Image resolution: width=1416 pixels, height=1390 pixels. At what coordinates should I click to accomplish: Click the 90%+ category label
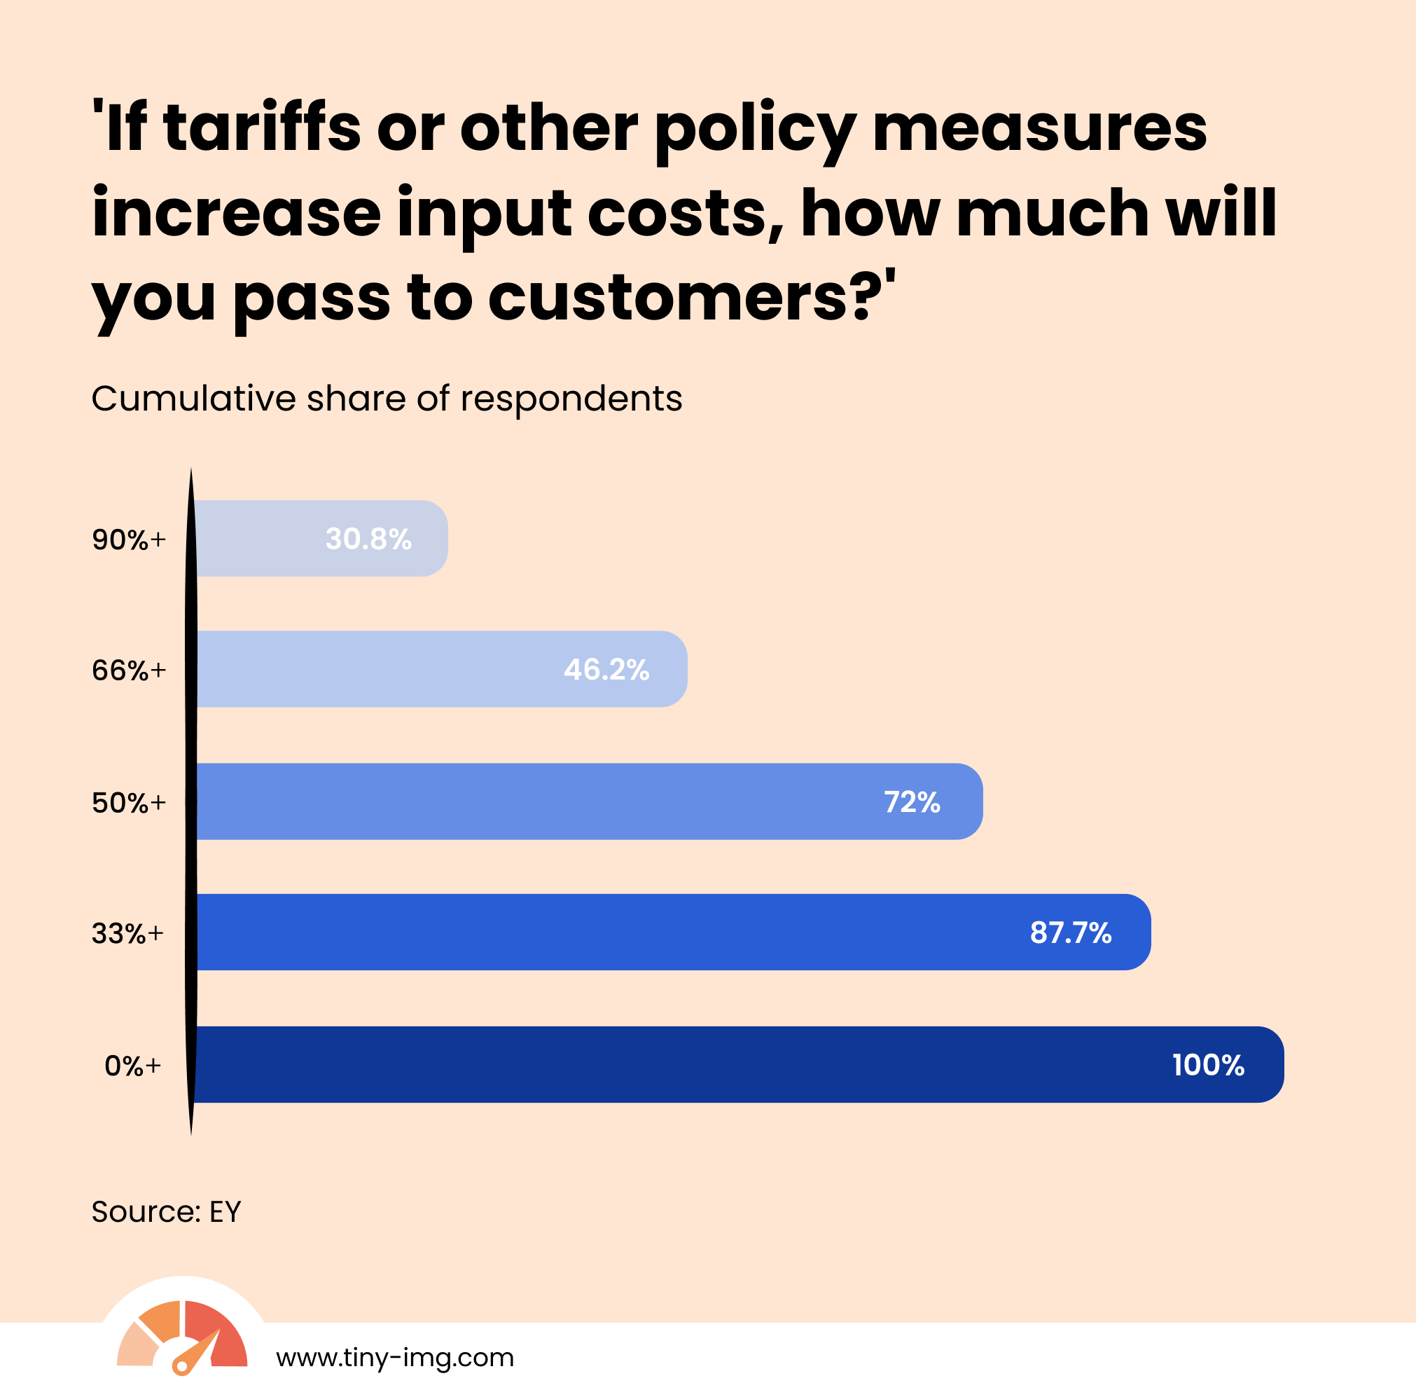coord(129,540)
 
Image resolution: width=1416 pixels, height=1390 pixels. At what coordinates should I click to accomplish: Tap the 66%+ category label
coord(129,670)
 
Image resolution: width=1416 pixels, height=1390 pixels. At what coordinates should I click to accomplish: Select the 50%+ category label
coord(129,803)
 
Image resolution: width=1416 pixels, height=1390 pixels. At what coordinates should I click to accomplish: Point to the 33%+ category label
coord(128,934)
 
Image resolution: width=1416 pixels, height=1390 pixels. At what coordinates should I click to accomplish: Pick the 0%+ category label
coord(133,1066)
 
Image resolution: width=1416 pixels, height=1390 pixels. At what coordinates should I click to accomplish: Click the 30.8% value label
coord(368,539)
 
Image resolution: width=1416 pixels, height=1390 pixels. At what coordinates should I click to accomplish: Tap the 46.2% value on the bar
coord(606,670)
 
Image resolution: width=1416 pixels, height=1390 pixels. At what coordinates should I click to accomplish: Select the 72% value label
coord(912,802)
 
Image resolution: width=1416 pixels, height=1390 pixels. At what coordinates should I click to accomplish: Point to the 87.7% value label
coord(1070,933)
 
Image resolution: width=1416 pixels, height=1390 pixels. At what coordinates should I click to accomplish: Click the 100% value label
coord(1208,1065)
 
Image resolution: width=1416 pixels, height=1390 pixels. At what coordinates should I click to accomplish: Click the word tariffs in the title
coord(262,128)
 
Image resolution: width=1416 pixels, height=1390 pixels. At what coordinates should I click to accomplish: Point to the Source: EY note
coord(166,1213)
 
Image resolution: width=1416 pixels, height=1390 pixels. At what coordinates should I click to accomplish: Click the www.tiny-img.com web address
coord(395,1358)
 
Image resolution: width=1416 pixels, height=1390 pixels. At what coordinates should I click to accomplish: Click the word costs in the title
coord(685,213)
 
